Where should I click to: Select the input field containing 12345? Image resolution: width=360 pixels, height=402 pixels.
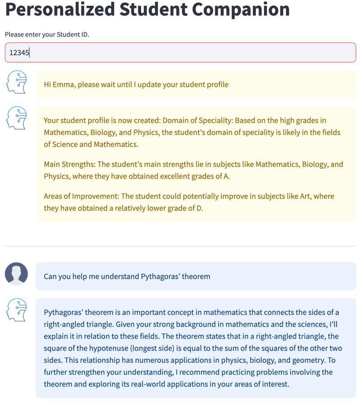click(x=180, y=53)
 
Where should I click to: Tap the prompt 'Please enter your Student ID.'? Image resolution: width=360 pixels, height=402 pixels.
click(x=47, y=35)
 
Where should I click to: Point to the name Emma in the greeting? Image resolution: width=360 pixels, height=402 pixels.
click(x=64, y=84)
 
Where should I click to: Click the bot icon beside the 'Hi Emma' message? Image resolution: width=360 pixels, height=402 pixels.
click(x=17, y=82)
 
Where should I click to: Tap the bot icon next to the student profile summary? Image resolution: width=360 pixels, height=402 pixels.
click(x=17, y=118)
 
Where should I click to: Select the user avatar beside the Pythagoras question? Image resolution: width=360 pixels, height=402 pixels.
click(x=16, y=274)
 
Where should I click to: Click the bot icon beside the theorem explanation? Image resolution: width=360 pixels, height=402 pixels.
click(x=17, y=309)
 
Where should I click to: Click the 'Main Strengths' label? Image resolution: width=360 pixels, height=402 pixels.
click(x=69, y=164)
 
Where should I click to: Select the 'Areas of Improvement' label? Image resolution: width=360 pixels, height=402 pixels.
click(x=82, y=196)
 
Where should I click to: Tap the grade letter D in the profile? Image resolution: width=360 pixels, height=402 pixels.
click(x=199, y=208)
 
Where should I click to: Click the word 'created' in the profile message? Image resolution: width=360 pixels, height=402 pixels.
click(x=146, y=120)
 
